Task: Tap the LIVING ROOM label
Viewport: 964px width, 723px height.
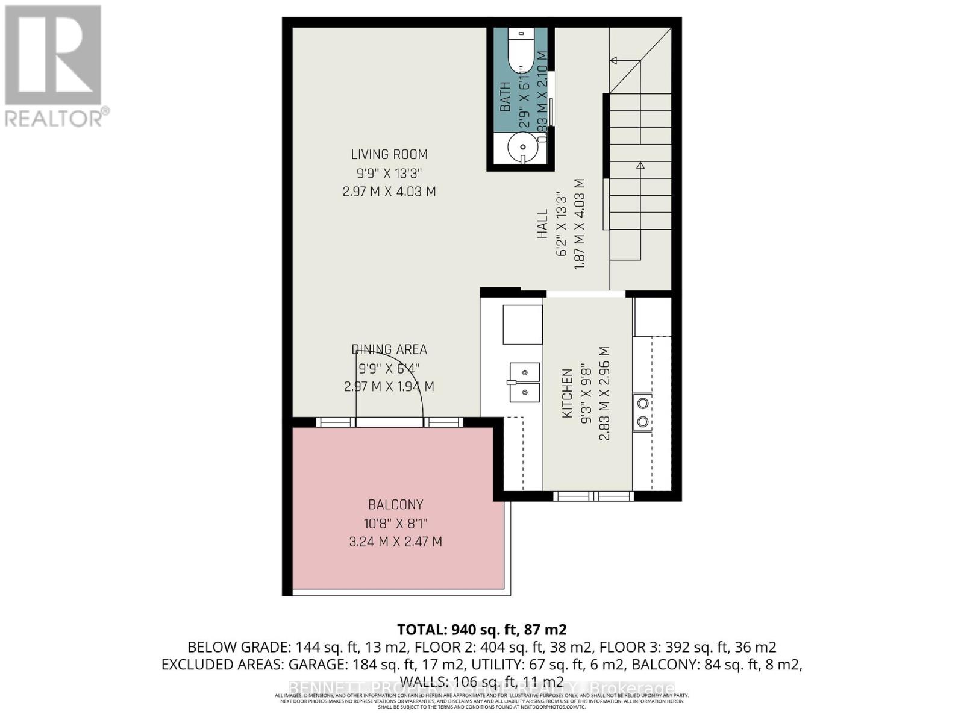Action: coord(389,155)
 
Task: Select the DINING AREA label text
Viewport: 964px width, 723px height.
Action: coord(389,349)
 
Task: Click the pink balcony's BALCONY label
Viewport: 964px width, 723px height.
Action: coord(396,505)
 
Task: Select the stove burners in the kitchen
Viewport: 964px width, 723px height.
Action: coord(642,412)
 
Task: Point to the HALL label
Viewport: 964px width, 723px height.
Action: coord(543,224)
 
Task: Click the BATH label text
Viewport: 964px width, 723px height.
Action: coord(505,96)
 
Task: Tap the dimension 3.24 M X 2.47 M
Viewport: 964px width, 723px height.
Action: coord(396,542)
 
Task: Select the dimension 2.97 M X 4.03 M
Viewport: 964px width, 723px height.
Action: coord(389,192)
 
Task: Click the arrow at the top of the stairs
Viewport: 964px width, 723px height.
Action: coord(615,60)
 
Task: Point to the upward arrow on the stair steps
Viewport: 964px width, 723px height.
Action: coord(640,165)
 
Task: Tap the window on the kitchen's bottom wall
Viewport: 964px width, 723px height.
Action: coord(593,496)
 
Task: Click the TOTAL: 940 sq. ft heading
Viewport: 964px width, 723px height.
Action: coord(481,630)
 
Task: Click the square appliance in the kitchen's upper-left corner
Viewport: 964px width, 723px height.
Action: coord(522,324)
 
